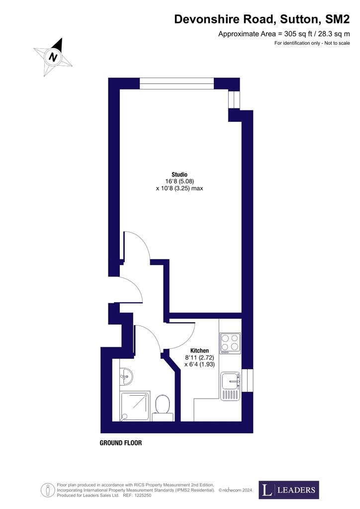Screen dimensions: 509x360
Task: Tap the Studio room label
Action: click(180, 174)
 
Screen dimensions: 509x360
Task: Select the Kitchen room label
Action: click(199, 350)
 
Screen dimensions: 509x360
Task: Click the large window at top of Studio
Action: click(177, 83)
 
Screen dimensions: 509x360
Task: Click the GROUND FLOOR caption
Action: click(121, 443)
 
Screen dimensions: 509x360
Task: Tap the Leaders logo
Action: click(289, 490)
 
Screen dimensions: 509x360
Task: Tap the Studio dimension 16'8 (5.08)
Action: click(180, 181)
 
